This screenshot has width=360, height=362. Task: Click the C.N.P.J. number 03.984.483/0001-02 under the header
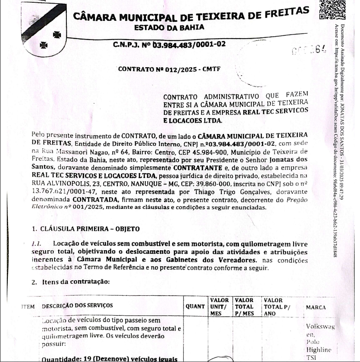[x=188, y=45]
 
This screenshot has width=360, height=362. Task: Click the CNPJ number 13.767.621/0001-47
[x=61, y=192]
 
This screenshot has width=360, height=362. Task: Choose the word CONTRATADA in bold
[x=84, y=199]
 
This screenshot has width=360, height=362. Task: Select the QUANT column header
[x=195, y=306]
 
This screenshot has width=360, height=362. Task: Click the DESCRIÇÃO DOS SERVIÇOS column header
[x=77, y=306]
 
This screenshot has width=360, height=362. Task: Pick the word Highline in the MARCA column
[x=319, y=350]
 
